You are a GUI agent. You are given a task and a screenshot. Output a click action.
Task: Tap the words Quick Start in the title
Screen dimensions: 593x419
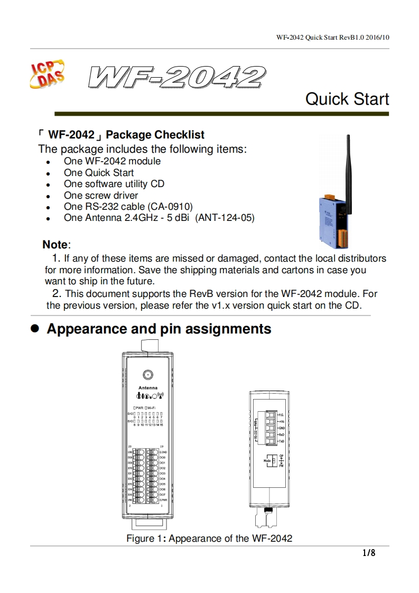(347, 99)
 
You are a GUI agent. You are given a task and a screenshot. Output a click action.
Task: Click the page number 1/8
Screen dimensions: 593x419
(368, 553)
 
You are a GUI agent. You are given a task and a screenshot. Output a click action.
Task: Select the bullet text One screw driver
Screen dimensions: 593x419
(101, 196)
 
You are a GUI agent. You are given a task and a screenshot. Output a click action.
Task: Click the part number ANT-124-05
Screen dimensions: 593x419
(225, 218)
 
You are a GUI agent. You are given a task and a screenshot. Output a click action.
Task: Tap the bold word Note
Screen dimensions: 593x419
(55, 245)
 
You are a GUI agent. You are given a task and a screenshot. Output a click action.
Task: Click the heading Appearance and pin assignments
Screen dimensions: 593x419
(159, 329)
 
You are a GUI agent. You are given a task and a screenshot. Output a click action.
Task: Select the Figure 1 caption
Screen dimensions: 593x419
(209, 539)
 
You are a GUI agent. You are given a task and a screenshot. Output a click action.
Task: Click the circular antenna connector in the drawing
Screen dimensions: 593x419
(148, 375)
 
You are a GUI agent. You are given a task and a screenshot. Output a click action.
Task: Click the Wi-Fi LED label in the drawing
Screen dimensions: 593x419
(150, 407)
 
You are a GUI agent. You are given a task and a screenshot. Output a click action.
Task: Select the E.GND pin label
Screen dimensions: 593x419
(163, 452)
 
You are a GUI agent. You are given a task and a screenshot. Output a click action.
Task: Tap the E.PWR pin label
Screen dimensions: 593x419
(163, 499)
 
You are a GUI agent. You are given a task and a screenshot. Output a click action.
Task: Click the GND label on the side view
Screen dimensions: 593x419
(282, 428)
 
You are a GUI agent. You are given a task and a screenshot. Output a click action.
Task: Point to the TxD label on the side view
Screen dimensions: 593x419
(282, 441)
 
